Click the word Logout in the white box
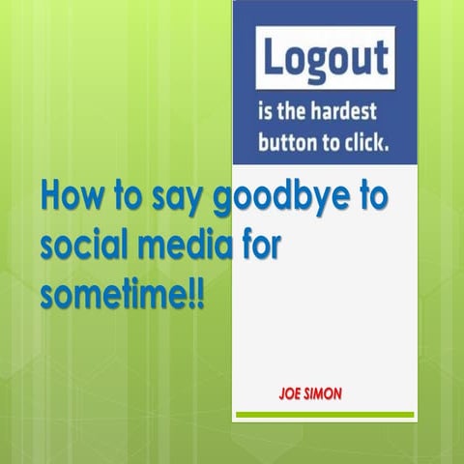point(324,57)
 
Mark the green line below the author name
point(324,415)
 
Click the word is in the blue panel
point(264,111)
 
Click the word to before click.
point(331,143)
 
